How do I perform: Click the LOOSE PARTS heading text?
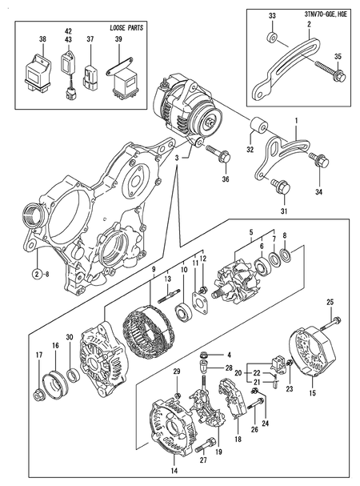[x=126, y=28]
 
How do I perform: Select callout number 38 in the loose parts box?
[x=42, y=39]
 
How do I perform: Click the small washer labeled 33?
[x=273, y=37]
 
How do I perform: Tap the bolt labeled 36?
[x=218, y=153]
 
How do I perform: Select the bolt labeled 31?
[x=281, y=187]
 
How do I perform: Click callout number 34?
[x=318, y=192]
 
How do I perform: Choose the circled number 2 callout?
[x=37, y=273]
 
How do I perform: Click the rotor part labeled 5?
[x=235, y=283]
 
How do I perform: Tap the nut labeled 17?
[x=38, y=395]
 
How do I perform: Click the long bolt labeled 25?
[x=330, y=323]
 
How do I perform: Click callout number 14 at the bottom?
[x=174, y=471]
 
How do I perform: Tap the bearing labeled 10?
[x=184, y=312]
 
